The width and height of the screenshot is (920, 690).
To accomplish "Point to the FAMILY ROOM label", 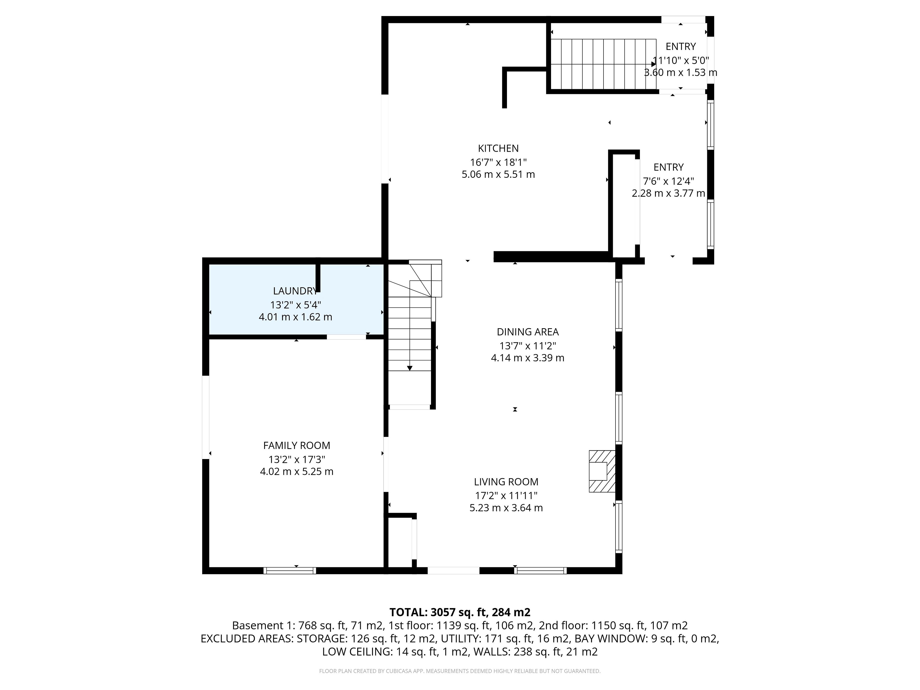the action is pyautogui.click(x=297, y=445).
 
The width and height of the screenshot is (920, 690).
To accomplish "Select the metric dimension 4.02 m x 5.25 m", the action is pyautogui.click(x=297, y=472).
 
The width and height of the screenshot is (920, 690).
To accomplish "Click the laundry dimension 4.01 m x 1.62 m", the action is pyautogui.click(x=295, y=317).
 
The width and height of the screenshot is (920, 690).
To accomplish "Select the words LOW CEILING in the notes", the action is pyautogui.click(x=356, y=652).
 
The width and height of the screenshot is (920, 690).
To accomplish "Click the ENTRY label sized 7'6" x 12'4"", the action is pyautogui.click(x=668, y=167).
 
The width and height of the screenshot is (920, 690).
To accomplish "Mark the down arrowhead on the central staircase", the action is pyautogui.click(x=410, y=368).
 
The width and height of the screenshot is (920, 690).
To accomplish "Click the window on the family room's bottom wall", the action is pyautogui.click(x=289, y=571).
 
